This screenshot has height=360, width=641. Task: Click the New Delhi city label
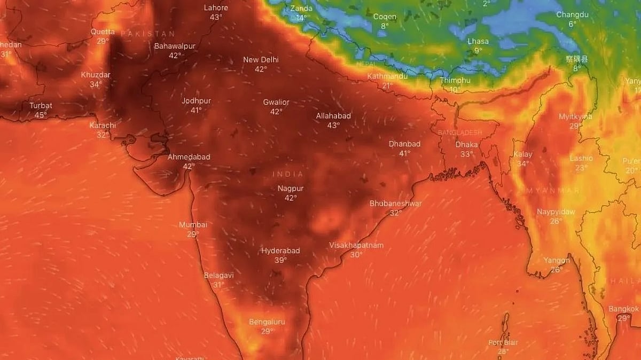tap(261, 60)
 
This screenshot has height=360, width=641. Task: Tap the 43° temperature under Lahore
tap(216, 17)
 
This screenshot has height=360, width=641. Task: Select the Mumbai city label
tap(193, 225)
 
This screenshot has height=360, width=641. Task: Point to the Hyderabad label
tap(280, 251)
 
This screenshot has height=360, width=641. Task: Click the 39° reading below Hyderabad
tap(280, 260)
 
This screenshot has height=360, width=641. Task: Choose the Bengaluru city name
tap(267, 322)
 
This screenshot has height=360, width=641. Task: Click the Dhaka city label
tap(466, 145)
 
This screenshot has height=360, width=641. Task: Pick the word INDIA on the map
tap(287, 174)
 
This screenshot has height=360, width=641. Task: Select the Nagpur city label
tap(291, 189)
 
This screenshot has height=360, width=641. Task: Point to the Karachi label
tap(103, 126)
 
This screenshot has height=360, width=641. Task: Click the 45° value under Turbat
tap(41, 115)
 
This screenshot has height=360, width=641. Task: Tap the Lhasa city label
tap(478, 41)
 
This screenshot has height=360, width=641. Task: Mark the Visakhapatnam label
tap(356, 245)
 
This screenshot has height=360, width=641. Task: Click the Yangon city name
tap(557, 260)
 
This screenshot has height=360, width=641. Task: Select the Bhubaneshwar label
tap(396, 204)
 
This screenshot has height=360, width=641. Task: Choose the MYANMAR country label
tap(552, 191)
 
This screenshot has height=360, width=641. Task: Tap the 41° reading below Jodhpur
tap(196, 110)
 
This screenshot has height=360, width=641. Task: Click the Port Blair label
tap(503, 342)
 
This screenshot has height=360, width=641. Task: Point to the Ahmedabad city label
tap(189, 157)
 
